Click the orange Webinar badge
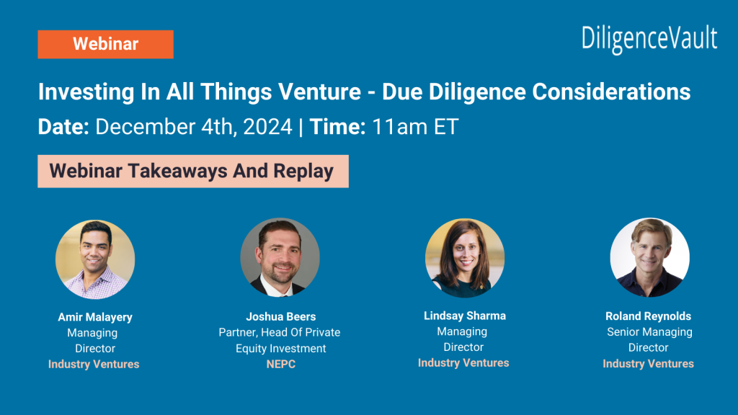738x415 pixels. (105, 44)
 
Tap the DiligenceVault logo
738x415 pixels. (649, 38)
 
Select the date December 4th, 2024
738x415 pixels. (195, 128)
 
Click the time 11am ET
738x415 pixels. (415, 128)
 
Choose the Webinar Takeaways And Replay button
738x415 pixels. (192, 171)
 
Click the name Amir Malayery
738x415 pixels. (95, 317)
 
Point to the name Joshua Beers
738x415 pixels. (280, 316)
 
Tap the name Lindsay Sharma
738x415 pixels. (465, 316)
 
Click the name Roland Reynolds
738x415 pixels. (649, 316)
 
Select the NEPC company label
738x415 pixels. (280, 364)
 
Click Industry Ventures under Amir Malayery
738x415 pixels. (94, 364)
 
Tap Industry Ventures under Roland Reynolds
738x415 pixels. (649, 364)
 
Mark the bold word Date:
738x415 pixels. (63, 128)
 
